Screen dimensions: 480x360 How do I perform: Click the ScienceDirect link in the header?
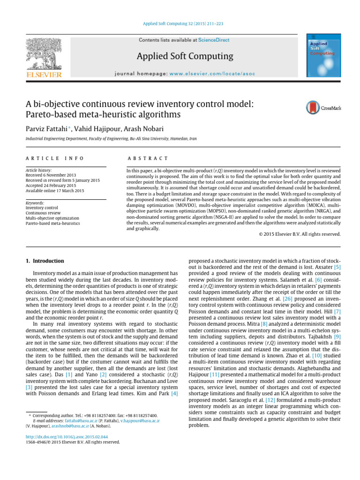[x=214, y=40]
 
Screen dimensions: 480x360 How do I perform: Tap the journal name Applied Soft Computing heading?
[x=184, y=57]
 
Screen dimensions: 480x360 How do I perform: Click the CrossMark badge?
[x=323, y=108]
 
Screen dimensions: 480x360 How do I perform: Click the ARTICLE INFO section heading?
[x=55, y=159]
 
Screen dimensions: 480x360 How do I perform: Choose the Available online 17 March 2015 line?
[x=55, y=191]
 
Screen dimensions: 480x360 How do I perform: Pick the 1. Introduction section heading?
[x=45, y=261]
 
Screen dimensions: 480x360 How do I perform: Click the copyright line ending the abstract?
[x=300, y=234]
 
